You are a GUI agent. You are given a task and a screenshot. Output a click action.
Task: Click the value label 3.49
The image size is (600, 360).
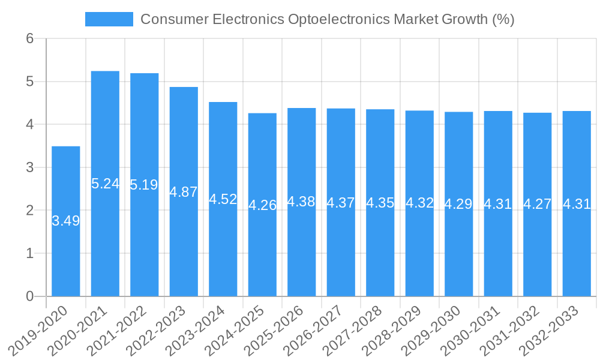click(66, 221)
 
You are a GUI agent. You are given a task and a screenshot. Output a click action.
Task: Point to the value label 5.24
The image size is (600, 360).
click(105, 184)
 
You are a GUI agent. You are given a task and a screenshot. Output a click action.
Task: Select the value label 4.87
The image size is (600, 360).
click(184, 192)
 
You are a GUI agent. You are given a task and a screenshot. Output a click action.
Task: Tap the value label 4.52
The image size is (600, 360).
click(223, 199)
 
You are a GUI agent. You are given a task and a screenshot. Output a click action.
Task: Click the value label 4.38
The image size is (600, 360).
click(301, 202)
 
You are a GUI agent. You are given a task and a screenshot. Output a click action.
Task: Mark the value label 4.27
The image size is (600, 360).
click(538, 204)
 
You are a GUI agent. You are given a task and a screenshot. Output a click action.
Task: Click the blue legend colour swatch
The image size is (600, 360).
click(109, 19)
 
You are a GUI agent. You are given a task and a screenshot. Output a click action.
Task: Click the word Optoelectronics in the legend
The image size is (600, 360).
click(339, 19)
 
